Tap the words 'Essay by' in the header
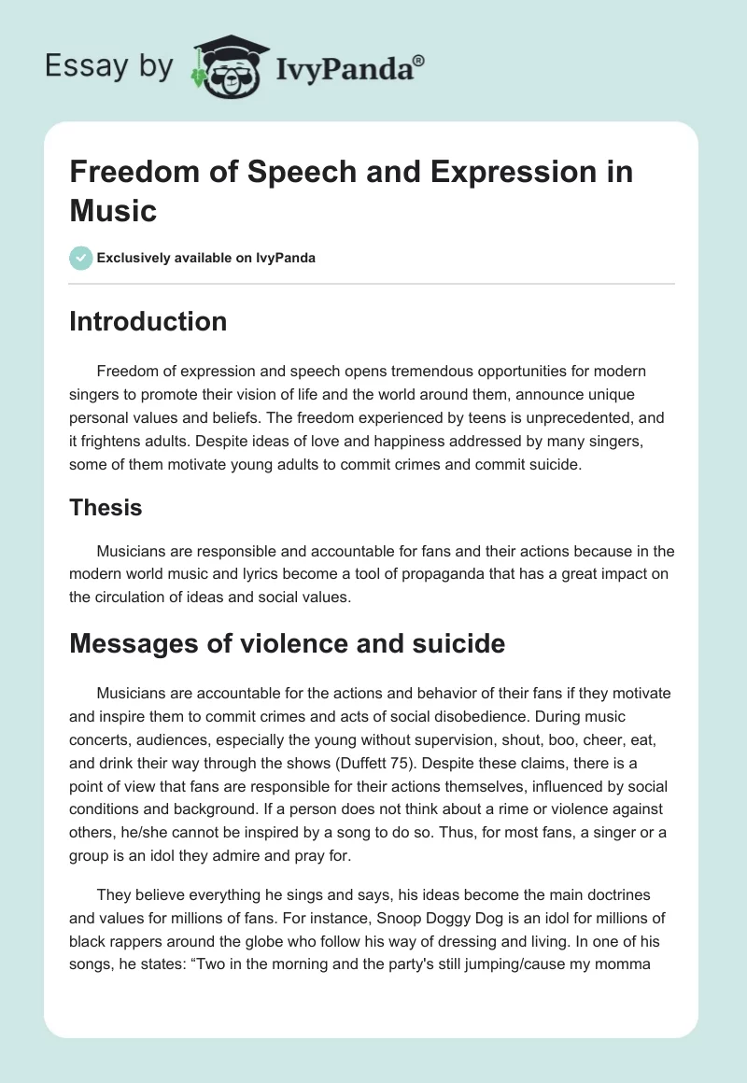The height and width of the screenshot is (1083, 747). (108, 66)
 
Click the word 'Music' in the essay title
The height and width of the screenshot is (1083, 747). (113, 209)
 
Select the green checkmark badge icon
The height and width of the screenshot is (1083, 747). (80, 258)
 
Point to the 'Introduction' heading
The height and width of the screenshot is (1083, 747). (148, 321)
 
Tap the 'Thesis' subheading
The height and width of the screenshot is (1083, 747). (106, 507)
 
